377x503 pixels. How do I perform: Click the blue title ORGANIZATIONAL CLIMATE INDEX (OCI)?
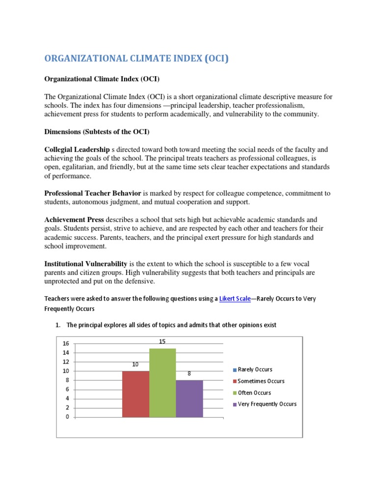click(136, 59)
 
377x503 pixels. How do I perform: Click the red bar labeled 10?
click(135, 394)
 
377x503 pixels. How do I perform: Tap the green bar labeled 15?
click(162, 383)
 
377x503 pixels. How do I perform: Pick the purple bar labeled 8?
click(189, 398)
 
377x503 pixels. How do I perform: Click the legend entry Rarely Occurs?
click(255, 369)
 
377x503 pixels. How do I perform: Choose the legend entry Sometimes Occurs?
click(261, 381)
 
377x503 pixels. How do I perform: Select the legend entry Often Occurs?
click(254, 392)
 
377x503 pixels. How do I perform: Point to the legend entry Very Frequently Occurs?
click(267, 404)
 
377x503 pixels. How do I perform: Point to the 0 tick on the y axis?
click(68, 417)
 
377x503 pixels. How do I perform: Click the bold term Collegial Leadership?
click(77, 149)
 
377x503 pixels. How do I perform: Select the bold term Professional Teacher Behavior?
click(93, 193)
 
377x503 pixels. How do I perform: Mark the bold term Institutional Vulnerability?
click(86, 263)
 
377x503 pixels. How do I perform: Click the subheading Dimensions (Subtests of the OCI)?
click(97, 132)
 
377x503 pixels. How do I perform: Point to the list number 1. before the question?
click(58, 325)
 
